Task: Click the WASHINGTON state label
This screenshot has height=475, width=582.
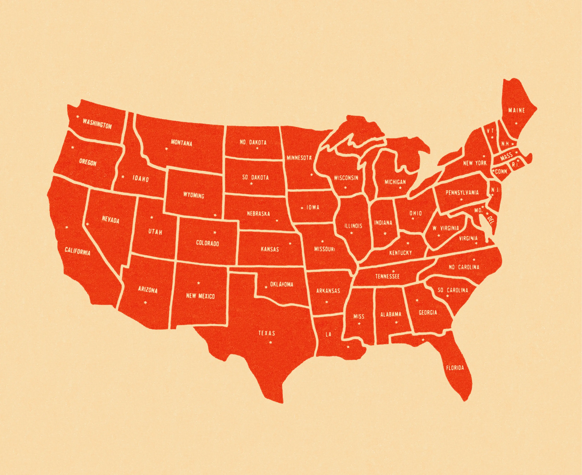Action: click(x=97, y=124)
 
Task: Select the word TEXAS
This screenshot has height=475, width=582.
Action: click(x=267, y=333)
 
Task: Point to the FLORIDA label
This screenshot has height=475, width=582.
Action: click(x=455, y=368)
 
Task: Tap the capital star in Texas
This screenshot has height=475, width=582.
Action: click(x=271, y=342)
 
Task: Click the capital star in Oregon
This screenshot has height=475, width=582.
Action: click(x=72, y=147)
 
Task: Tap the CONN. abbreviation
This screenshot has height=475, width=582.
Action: click(x=501, y=172)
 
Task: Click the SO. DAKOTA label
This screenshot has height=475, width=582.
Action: click(x=255, y=177)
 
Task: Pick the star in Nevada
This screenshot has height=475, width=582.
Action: click(x=87, y=224)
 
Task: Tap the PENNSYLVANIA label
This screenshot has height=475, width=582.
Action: click(x=462, y=193)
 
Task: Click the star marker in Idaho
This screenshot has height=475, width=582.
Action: click(x=123, y=177)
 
